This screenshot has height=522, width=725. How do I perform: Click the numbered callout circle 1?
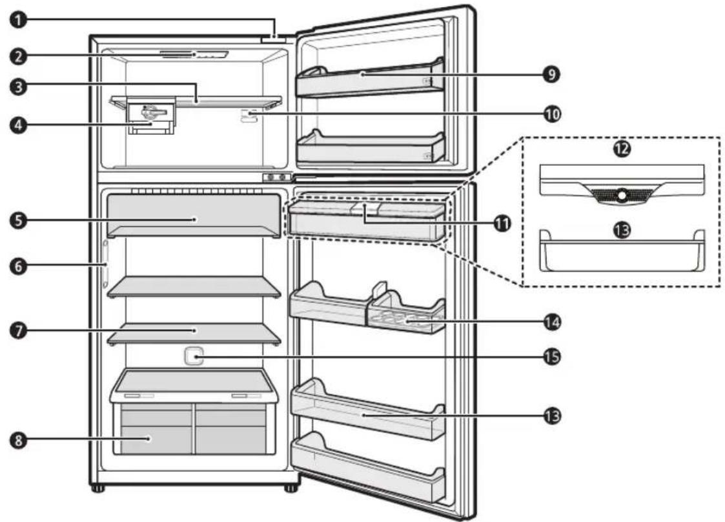point(19,20)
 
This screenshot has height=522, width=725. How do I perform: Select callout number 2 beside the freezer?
point(19,56)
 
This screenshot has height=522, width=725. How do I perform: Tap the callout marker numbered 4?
point(19,125)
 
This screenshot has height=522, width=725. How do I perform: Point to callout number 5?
point(19,219)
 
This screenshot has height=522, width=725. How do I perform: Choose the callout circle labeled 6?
point(19,266)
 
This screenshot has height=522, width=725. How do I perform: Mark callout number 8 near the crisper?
point(19,440)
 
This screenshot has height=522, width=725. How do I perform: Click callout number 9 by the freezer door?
point(551,74)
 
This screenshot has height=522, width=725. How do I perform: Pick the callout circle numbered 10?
point(551,114)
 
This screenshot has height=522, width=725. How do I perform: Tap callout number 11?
point(502,223)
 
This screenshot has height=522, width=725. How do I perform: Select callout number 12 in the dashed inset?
point(622,149)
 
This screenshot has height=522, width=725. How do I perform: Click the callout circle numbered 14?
point(551,322)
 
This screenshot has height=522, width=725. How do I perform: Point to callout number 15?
point(551,357)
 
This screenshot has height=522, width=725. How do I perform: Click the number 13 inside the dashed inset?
point(622,230)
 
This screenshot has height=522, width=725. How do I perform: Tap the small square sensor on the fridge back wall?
point(194,357)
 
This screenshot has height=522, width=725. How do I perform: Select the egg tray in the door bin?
point(407,319)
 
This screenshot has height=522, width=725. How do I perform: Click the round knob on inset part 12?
point(622,196)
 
